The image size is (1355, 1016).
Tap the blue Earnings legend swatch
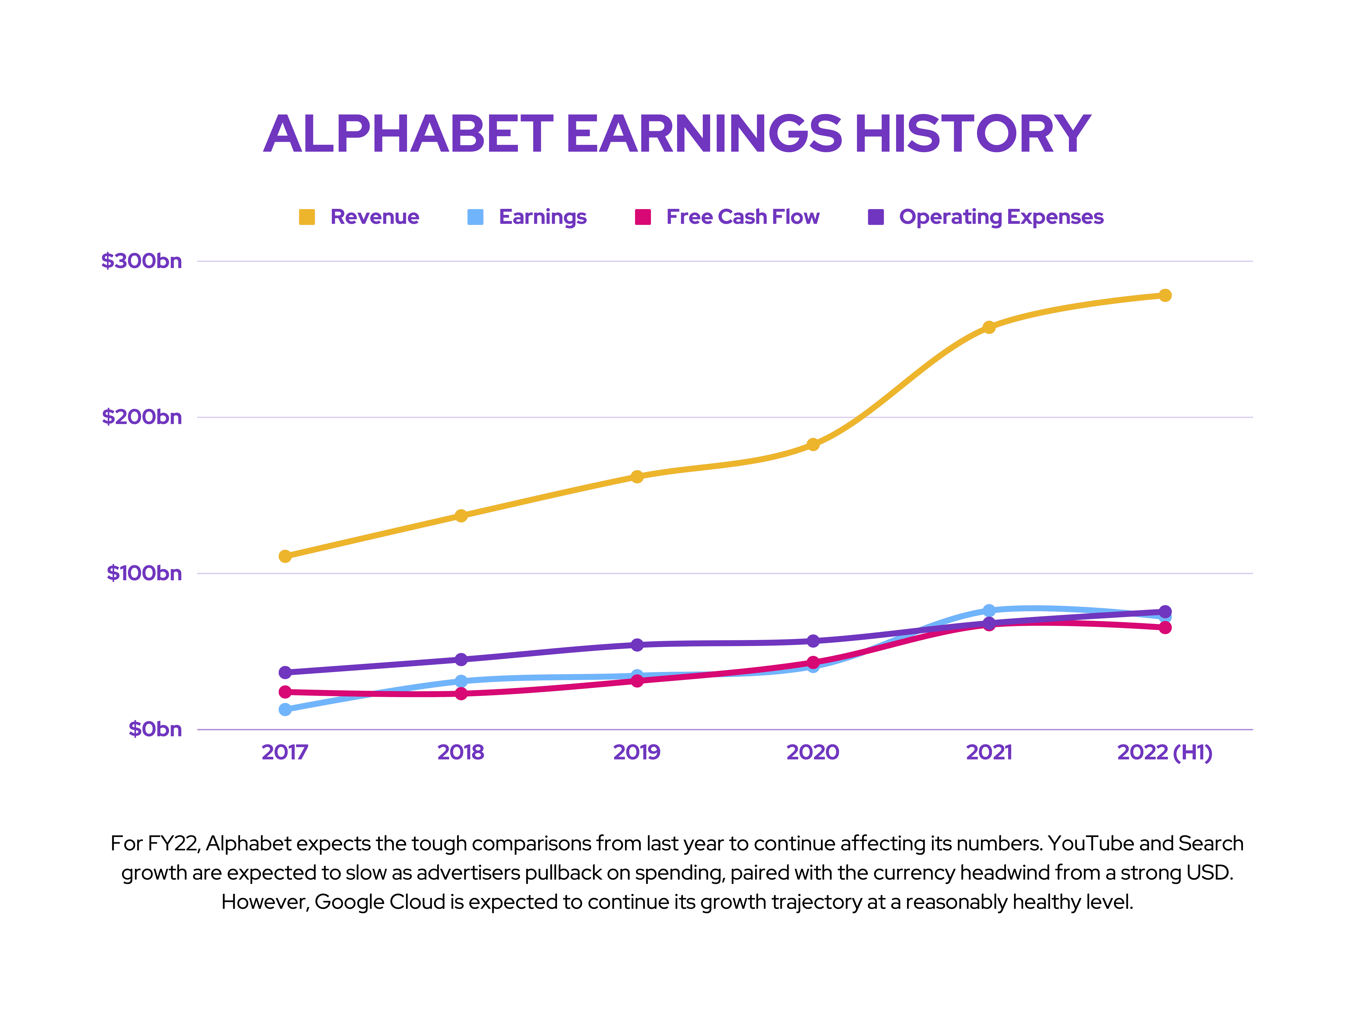pyautogui.click(x=475, y=217)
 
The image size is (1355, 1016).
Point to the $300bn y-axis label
pyautogui.click(x=142, y=261)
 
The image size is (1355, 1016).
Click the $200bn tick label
pyautogui.click(x=142, y=417)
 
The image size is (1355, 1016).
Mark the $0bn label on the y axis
pyautogui.click(x=155, y=729)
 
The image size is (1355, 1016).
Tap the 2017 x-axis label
pyautogui.click(x=285, y=752)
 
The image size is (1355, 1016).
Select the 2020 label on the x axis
pyautogui.click(x=813, y=752)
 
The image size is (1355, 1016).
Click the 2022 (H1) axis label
pyautogui.click(x=1164, y=752)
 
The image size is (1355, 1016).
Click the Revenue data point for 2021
pyautogui.click(x=989, y=327)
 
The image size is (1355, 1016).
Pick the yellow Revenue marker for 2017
pyautogui.click(x=285, y=556)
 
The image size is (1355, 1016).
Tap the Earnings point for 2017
pyautogui.click(x=285, y=709)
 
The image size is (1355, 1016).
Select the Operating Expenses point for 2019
pyautogui.click(x=637, y=645)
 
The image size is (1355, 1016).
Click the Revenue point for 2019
pyautogui.click(x=637, y=476)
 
